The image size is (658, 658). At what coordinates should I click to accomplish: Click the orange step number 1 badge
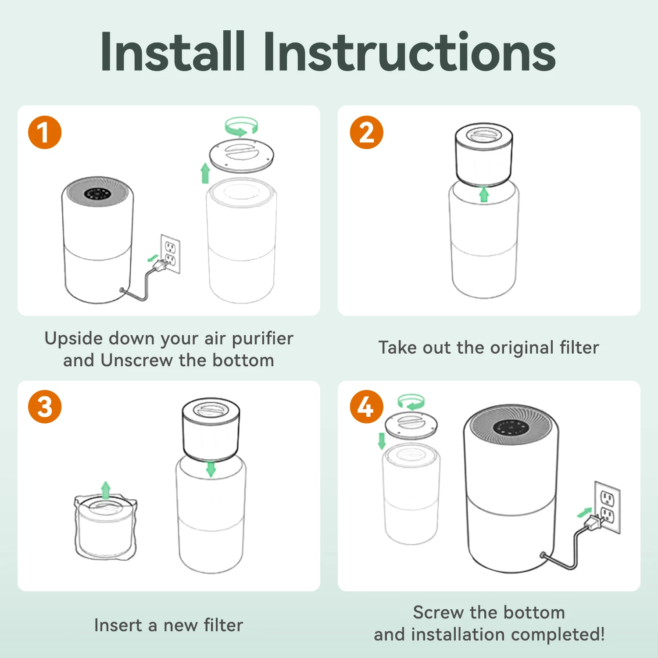pos(45,132)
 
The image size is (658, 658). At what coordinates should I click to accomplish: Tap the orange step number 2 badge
pos(367,132)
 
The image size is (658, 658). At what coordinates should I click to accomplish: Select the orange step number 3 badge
pos(45,407)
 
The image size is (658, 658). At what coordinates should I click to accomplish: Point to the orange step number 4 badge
pos(367,407)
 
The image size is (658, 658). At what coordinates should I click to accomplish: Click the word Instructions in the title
pos(410,52)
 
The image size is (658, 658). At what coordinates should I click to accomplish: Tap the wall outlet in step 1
pos(171,254)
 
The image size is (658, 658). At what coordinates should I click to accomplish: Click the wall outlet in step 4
pos(608,507)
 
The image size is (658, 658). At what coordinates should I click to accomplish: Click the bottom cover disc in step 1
pos(241,155)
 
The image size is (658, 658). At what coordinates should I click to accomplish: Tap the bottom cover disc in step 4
pos(411,425)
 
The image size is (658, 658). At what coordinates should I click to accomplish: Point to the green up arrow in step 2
pos(484,194)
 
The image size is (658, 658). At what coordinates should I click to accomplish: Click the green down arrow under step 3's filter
pos(211,469)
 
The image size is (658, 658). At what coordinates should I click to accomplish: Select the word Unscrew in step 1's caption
pos(137,360)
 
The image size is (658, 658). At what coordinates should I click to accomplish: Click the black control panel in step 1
pos(97,194)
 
